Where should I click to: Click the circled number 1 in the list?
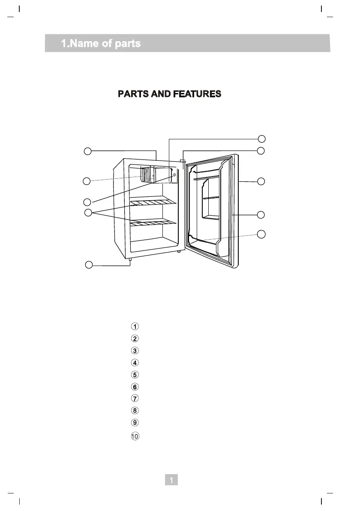pyautogui.click(x=135, y=326)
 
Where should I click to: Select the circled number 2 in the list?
pyautogui.click(x=135, y=338)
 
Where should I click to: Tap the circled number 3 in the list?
pyautogui.click(x=135, y=350)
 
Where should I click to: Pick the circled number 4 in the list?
pyautogui.click(x=135, y=362)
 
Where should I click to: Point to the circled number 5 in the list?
pyautogui.click(x=135, y=374)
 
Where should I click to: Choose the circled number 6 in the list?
pyautogui.click(x=135, y=387)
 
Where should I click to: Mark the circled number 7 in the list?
pyautogui.click(x=135, y=398)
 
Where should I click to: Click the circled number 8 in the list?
pyautogui.click(x=135, y=410)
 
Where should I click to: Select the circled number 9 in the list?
pyautogui.click(x=135, y=422)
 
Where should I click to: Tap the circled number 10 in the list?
pyautogui.click(x=135, y=436)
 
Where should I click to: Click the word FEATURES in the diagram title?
pyautogui.click(x=197, y=94)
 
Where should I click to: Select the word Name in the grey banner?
pyautogui.click(x=84, y=43)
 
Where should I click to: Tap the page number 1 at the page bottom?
pyautogui.click(x=171, y=480)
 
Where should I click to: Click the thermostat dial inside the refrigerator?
pyautogui.click(x=174, y=175)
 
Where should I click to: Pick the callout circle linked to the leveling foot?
pyautogui.click(x=89, y=265)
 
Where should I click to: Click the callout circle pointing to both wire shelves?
pyautogui.click(x=88, y=213)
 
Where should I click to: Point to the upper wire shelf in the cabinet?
pyautogui.click(x=153, y=202)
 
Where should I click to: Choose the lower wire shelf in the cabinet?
pyautogui.click(x=153, y=223)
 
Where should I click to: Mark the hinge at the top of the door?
pyautogui.click(x=183, y=161)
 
